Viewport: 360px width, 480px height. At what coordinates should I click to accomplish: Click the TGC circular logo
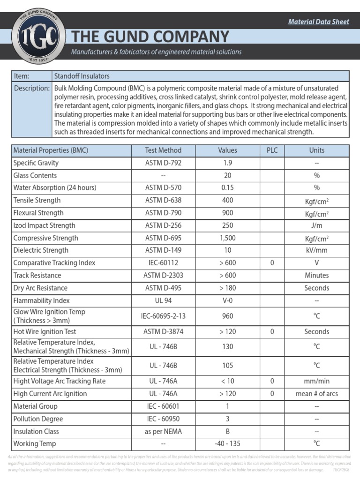[x=38, y=36]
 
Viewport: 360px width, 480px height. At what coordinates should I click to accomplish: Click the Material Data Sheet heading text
[x=318, y=22]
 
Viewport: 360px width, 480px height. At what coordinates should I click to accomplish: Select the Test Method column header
[x=163, y=150]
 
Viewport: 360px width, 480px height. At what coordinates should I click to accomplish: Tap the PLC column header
[x=272, y=150]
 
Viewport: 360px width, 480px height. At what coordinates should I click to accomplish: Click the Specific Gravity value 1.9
[x=228, y=163]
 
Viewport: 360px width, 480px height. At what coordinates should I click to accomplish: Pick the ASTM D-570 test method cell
[x=163, y=188]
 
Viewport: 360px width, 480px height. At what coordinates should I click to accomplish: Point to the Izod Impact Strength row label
[x=44, y=225]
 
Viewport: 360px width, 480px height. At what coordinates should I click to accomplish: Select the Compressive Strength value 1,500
[x=228, y=238]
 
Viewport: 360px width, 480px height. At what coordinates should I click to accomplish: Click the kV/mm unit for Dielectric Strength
[x=317, y=250]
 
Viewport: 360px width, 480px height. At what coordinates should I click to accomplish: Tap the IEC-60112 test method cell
[x=163, y=263]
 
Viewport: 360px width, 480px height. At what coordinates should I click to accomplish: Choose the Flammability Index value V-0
[x=228, y=300]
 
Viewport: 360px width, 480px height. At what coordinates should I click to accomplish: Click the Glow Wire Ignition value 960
[x=228, y=316]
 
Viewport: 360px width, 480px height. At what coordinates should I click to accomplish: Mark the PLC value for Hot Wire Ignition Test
[x=272, y=331]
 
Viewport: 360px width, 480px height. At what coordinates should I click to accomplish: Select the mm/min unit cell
[x=317, y=381]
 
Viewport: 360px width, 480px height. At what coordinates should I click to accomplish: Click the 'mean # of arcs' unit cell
[x=317, y=394]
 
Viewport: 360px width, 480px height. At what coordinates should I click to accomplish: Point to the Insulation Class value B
[x=228, y=431]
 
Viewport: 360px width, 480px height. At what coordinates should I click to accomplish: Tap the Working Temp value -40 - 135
[x=228, y=443]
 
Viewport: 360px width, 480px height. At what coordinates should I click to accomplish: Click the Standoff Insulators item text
[x=82, y=76]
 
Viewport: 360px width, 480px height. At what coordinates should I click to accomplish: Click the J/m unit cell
[x=317, y=225]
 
